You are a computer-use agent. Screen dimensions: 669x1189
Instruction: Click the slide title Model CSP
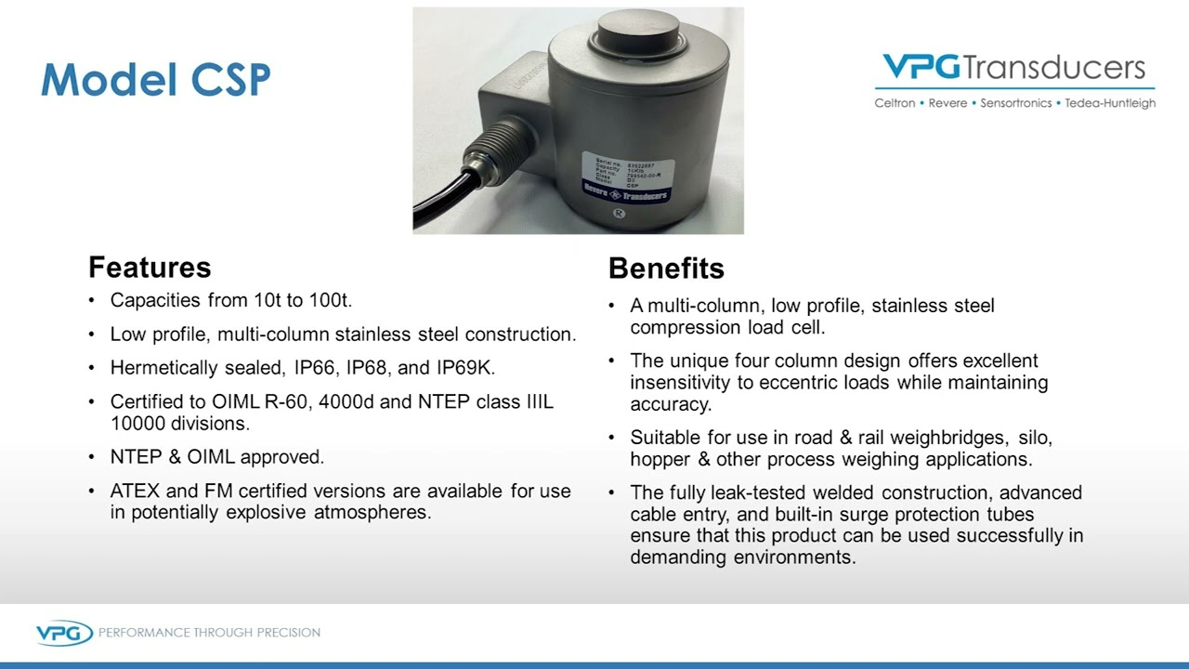155,80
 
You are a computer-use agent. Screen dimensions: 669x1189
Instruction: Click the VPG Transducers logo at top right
1013,69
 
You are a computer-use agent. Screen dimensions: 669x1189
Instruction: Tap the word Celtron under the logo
894,103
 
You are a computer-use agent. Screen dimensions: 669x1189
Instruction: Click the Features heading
150,268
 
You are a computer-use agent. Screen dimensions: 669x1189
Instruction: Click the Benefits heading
666,269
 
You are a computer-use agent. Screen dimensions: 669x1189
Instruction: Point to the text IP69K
464,368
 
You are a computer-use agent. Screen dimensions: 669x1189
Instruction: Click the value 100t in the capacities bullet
330,300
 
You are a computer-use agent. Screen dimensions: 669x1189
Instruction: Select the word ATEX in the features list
134,491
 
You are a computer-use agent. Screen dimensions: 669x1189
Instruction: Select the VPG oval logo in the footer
64,633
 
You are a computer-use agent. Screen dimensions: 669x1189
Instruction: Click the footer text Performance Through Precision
209,633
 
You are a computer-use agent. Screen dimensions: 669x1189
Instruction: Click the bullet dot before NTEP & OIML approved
91,457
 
